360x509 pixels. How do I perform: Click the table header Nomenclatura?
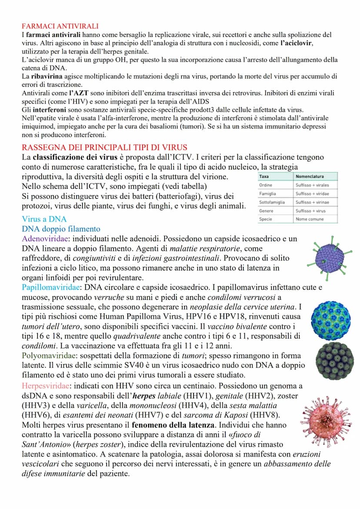[310, 177]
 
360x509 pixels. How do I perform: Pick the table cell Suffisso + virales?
[312, 185]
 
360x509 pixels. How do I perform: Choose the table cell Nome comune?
[309, 219]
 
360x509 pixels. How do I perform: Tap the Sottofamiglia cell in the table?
[272, 202]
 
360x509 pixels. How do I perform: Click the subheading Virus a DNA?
[44, 220]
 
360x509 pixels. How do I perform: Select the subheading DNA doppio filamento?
[61, 229]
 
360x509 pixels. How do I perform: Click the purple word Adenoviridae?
[46, 239]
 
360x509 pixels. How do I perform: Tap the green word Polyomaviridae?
[50, 355]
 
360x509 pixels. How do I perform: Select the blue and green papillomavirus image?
[330, 321]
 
